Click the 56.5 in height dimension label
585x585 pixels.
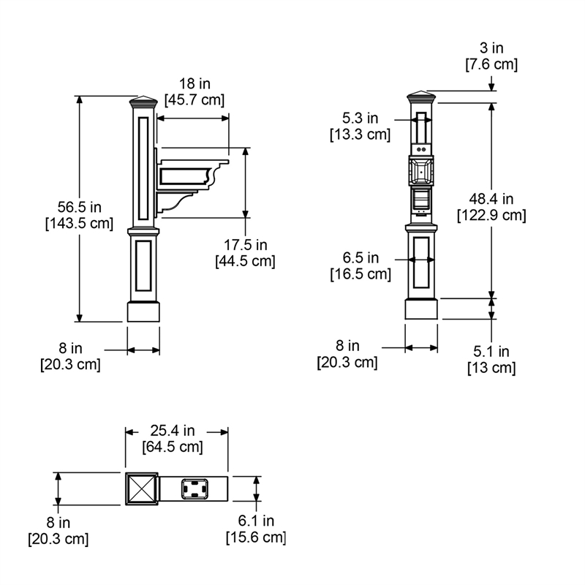[80, 207]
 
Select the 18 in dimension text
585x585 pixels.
[195, 83]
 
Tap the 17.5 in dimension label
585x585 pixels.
[246, 245]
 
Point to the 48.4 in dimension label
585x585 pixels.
[491, 199]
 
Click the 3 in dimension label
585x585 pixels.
[491, 48]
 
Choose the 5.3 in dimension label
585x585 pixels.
[361, 118]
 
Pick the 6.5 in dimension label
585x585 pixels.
[361, 258]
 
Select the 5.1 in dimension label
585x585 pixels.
[491, 352]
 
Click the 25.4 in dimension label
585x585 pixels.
[173, 431]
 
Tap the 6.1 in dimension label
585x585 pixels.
[257, 521]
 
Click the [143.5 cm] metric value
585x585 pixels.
[80, 224]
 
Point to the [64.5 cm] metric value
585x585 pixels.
[173, 447]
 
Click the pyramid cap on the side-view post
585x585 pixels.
[143, 102]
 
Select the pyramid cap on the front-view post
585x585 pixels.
[421, 97]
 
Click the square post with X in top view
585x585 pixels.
[142, 488]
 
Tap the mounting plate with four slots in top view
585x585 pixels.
[195, 488]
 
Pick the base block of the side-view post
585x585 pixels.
[143, 312]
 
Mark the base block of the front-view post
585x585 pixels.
[421, 309]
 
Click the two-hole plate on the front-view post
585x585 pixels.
[421, 149]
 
